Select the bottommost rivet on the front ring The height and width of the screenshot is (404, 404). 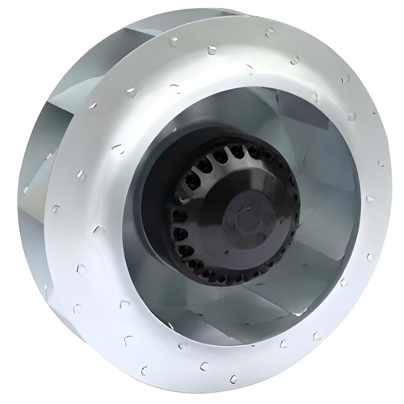[234, 379]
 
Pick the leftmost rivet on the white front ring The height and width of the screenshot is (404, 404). [55, 209]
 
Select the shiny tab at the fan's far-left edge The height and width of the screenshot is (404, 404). [25, 190]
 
